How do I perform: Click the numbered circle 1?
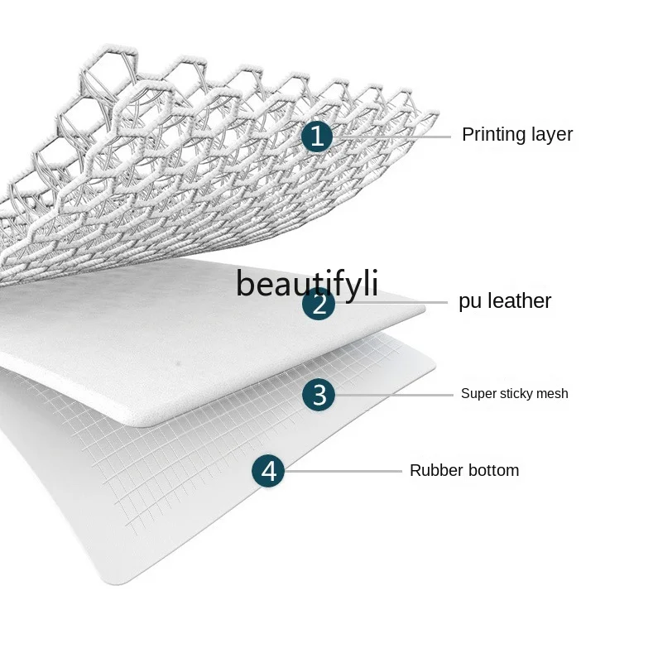pos(316,135)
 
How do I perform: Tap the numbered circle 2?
pos(319,304)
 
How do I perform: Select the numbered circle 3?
pos(319,395)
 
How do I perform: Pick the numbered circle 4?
pos(268,472)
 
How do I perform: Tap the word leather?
pos(518,301)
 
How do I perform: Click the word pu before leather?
pos(469,302)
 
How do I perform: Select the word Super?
pos(478,394)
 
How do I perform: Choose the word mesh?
pos(553,394)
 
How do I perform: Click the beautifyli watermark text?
pos(306,283)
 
